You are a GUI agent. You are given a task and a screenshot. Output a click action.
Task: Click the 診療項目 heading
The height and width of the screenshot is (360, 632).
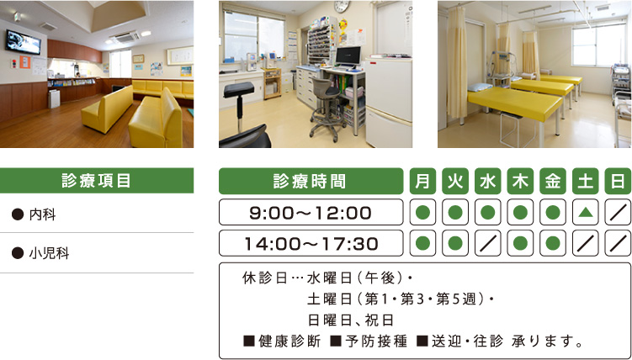coord(96,181)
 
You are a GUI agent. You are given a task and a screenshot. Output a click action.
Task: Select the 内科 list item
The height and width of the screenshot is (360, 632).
coord(42,214)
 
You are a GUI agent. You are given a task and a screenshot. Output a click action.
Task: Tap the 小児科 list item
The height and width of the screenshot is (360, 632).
coord(49,253)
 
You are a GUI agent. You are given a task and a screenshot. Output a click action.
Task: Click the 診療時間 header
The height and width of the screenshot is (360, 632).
coord(310,181)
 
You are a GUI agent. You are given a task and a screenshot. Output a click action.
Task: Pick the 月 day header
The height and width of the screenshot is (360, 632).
coord(422,181)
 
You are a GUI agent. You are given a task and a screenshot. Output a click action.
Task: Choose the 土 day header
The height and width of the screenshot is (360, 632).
coord(585,181)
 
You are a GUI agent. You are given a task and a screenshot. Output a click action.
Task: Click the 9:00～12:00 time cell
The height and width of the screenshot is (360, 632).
coord(311,212)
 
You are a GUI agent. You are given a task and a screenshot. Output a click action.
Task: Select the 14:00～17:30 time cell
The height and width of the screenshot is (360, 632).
coord(311,243)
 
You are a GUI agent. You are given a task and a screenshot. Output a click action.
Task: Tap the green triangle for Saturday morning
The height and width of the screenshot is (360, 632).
coord(585,212)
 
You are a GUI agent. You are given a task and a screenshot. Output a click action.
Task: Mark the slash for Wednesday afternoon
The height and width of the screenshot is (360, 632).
coord(488,243)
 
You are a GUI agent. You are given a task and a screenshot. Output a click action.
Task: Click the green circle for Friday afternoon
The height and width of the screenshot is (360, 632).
coord(553,243)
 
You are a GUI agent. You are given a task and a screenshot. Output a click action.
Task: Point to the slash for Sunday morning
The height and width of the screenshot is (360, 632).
coord(618,212)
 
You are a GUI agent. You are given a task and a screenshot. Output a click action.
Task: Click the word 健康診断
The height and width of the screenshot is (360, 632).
coord(289,341)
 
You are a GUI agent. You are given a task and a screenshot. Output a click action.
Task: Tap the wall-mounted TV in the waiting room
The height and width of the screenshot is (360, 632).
coord(23,41)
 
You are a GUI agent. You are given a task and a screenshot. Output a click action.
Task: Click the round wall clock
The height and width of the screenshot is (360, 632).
coord(342,6)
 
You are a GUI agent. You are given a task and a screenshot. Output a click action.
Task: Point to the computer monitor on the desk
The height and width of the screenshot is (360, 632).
coord(348,56)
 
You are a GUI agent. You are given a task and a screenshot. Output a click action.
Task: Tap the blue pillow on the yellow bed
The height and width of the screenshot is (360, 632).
coord(480,87)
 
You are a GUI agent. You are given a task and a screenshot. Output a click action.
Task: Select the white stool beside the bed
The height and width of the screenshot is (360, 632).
coord(518,130)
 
